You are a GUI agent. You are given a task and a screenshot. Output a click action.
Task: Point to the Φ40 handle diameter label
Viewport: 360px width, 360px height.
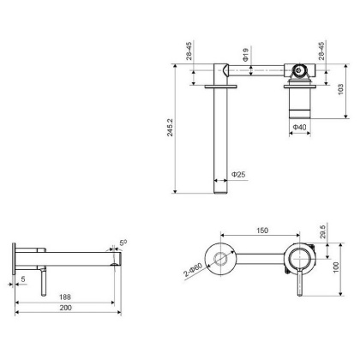click(299, 127)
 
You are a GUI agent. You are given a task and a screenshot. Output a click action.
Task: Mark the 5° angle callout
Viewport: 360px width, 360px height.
click(123, 243)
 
